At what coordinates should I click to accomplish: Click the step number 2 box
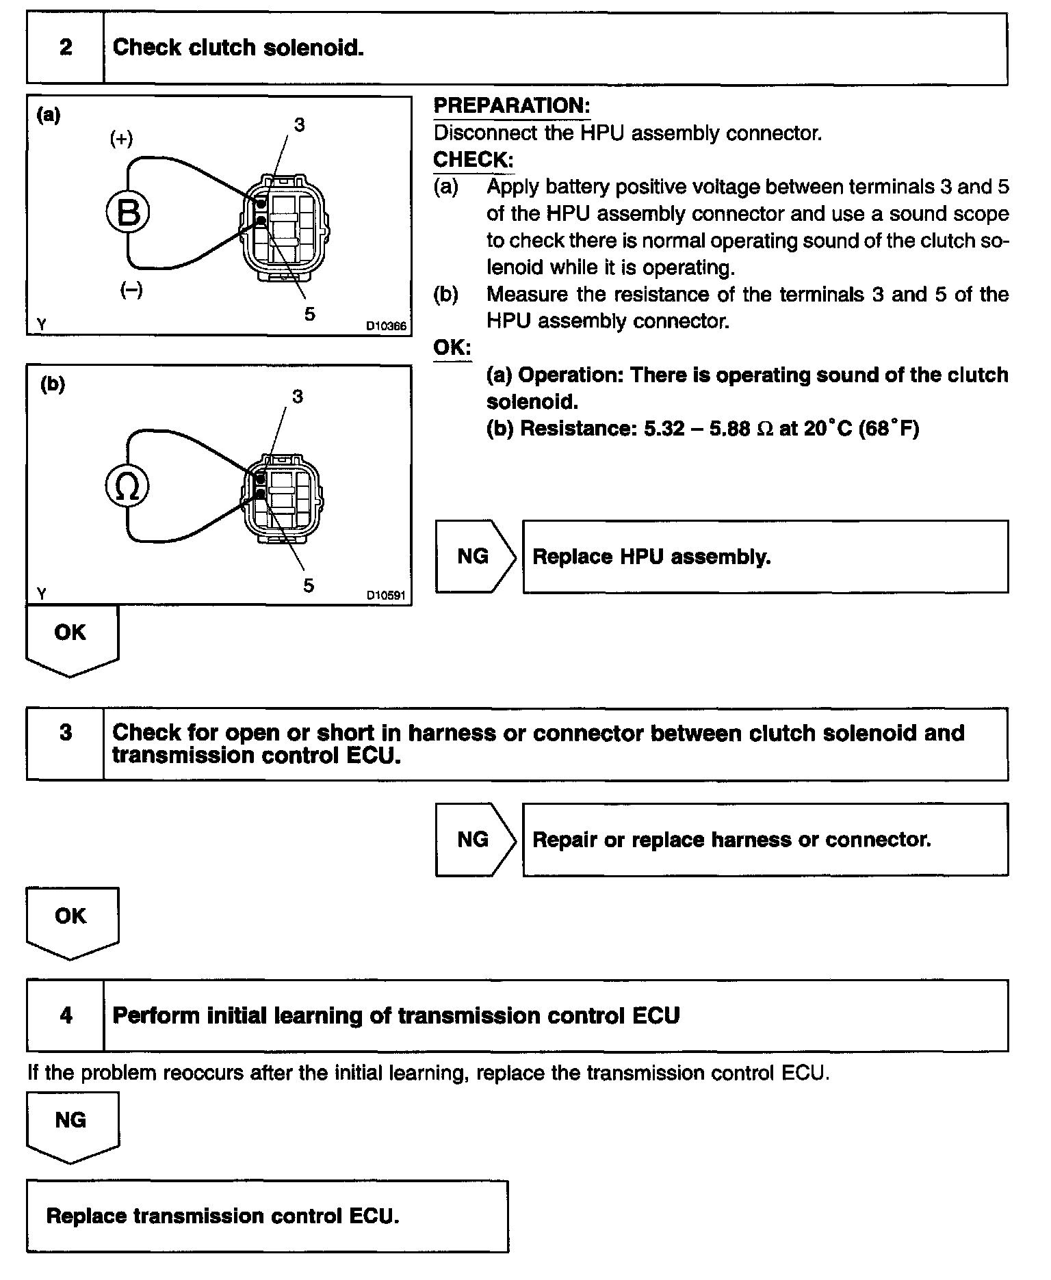coord(66,48)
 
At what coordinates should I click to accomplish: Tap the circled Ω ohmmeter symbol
coord(127,487)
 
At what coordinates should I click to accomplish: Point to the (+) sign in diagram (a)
coord(122,139)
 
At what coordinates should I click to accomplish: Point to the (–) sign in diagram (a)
coord(131,291)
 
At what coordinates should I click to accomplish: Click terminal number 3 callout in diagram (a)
coord(299,124)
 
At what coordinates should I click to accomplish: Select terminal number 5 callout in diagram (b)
coord(309,585)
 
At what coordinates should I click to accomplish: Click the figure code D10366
coord(386,326)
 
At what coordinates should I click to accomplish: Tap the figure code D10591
coord(386,596)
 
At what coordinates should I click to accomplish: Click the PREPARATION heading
coord(512,106)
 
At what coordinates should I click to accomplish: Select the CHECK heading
coord(473,160)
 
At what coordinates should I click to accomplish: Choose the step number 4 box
coord(66,1015)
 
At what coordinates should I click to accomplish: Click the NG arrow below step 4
coord(71,1124)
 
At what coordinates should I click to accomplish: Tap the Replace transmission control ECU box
coord(267,1216)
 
